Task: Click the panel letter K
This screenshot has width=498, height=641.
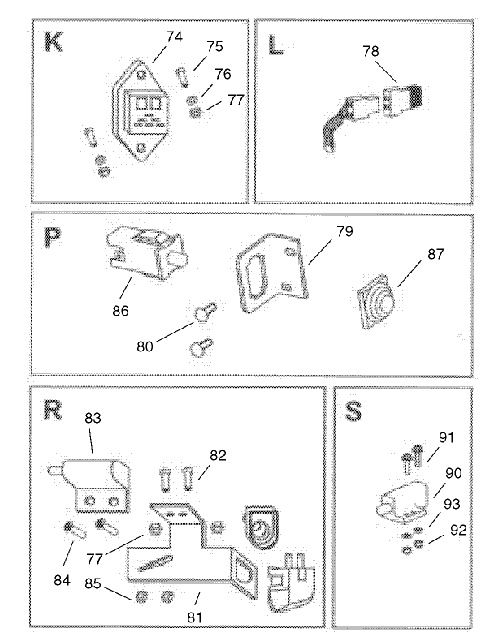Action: click(54, 41)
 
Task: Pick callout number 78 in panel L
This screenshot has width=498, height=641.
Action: click(370, 51)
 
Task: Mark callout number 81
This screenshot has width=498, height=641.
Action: click(193, 617)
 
